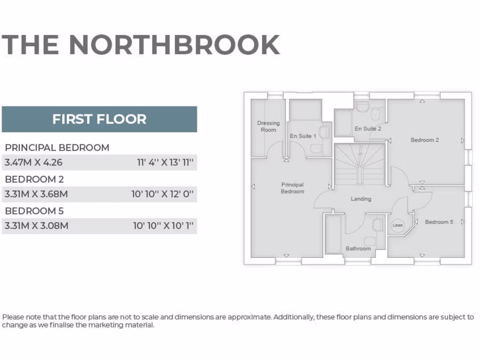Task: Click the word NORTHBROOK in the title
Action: click(174, 45)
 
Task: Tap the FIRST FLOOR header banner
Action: click(99, 119)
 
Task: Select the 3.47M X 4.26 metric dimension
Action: click(33, 163)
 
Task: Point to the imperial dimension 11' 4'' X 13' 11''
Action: click(165, 163)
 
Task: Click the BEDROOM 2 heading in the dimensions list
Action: click(34, 179)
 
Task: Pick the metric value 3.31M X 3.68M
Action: click(36, 194)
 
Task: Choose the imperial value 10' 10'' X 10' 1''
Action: click(163, 225)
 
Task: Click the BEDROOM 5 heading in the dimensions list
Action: click(34, 210)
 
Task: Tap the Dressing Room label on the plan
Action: click(268, 127)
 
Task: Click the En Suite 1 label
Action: click(303, 136)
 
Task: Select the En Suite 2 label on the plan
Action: click(368, 128)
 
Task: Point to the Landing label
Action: click(361, 199)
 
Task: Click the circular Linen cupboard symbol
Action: click(397, 225)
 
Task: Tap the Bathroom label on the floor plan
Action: click(358, 248)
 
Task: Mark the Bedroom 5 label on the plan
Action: click(439, 222)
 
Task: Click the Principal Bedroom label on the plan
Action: click(292, 188)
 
